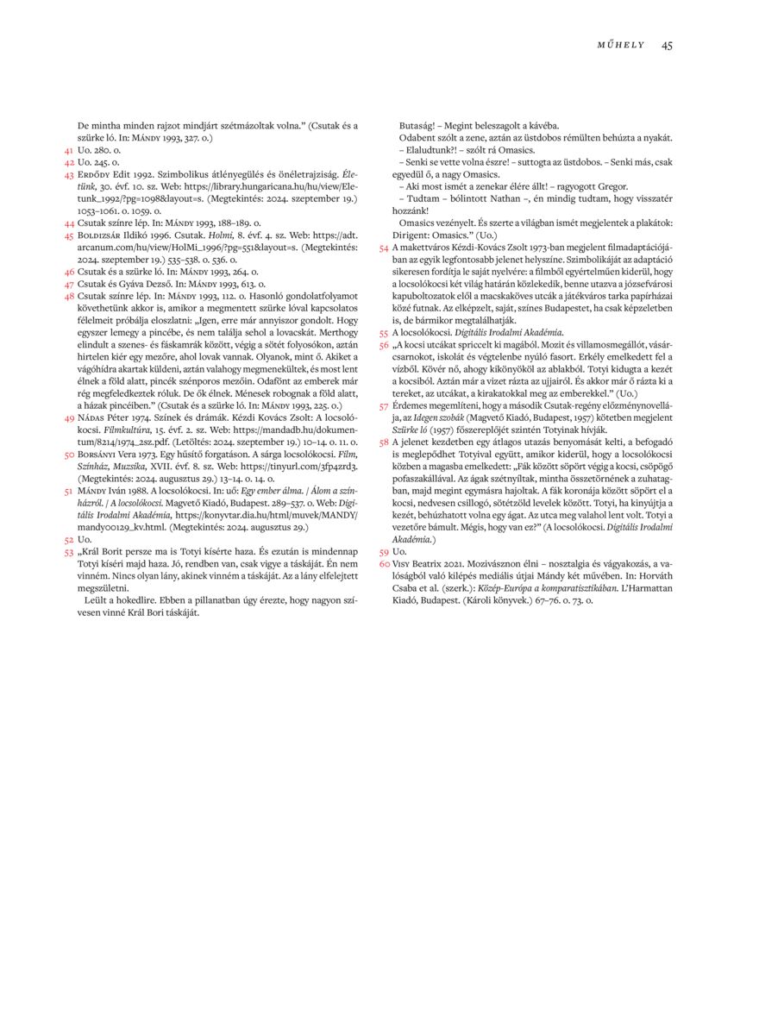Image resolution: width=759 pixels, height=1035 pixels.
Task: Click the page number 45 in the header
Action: point(667,45)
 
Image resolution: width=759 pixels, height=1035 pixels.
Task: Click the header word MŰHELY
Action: point(621,45)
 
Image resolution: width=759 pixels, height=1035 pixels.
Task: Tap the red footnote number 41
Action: point(69,150)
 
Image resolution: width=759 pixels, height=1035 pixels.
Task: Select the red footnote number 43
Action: point(69,173)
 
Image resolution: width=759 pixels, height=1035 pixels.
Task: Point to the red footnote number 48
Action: point(69,296)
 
